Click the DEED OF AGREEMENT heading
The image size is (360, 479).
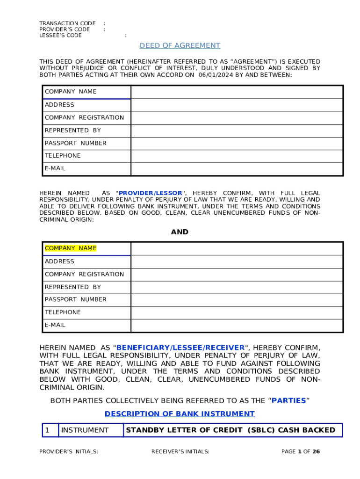180,45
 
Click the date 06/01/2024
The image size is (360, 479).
216,74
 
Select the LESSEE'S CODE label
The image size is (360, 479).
60,36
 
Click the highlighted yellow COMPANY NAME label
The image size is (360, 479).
70,248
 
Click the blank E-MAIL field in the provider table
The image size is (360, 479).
237,168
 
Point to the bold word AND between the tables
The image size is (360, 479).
180,232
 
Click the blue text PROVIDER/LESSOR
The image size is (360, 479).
151,193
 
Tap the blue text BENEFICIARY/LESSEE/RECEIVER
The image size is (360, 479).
180,348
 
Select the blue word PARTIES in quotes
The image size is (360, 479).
288,401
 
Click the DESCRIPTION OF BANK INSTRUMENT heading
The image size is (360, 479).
180,414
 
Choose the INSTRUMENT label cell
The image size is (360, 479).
85,430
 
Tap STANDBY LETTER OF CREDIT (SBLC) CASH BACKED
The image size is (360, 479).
231,430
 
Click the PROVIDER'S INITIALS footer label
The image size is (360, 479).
68,452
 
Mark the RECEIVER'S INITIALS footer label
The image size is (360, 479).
180,452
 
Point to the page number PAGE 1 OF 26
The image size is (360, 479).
301,452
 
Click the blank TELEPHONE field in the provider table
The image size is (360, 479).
237,156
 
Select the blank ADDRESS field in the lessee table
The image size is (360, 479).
237,261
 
